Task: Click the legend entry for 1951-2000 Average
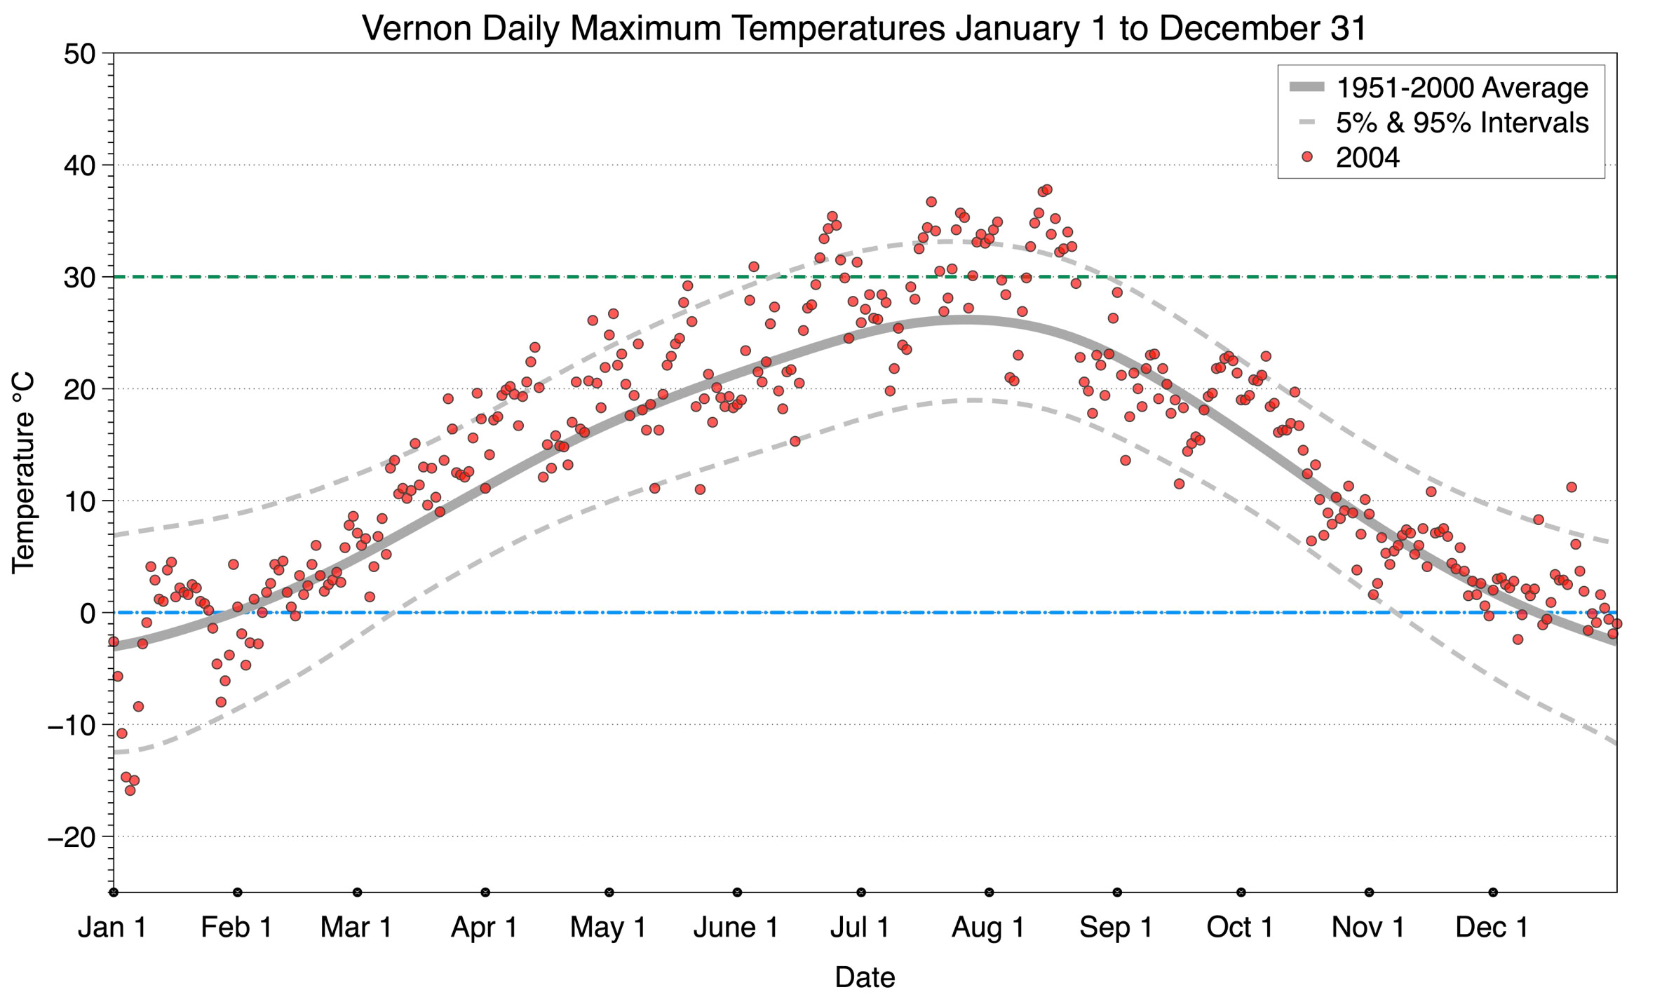(x=1461, y=88)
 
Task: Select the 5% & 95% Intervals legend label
(x=1461, y=123)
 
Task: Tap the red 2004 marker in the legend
(x=1306, y=157)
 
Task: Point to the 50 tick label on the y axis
(x=79, y=54)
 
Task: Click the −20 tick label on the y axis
(x=71, y=837)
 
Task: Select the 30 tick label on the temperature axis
(x=79, y=278)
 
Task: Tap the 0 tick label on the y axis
(x=88, y=613)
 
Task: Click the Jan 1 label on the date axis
(x=112, y=928)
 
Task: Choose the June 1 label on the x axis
(x=736, y=928)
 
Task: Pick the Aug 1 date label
(x=988, y=928)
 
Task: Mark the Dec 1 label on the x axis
(x=1492, y=928)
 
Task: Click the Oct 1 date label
(x=1240, y=928)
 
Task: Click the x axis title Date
(x=865, y=977)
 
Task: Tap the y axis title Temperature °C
(x=23, y=473)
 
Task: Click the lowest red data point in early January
(x=130, y=790)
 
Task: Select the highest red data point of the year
(x=1047, y=189)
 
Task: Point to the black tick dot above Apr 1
(x=485, y=893)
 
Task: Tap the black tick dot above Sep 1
(x=1117, y=893)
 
